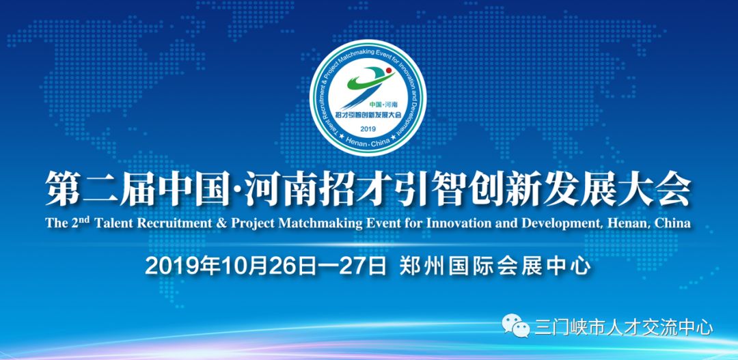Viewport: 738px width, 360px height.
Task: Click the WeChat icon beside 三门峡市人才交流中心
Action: pyautogui.click(x=515, y=326)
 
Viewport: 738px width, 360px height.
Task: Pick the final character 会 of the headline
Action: pyautogui.click(x=674, y=189)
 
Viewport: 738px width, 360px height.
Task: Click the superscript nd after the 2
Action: pyautogui.click(x=84, y=219)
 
